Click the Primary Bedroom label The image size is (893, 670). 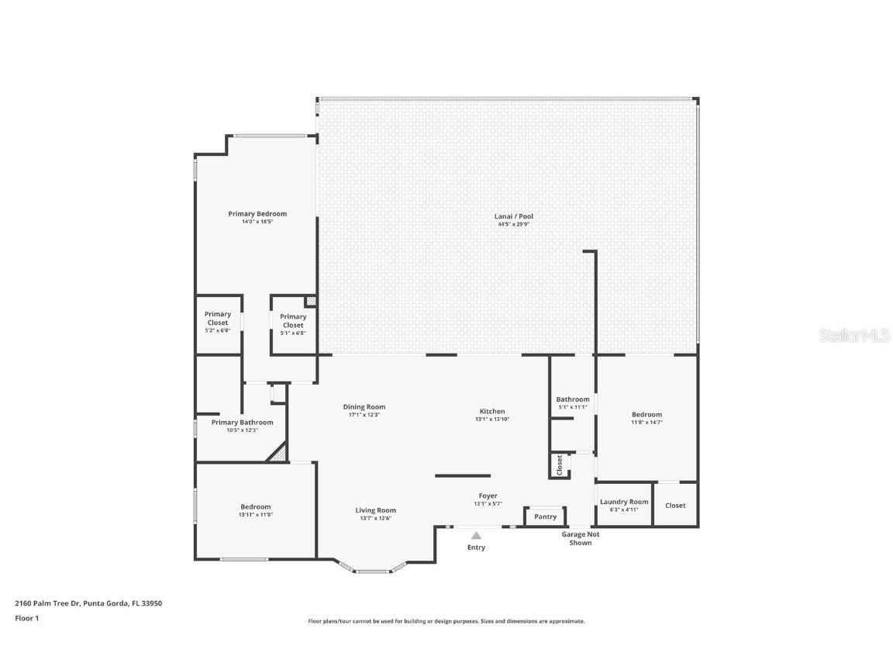(257, 214)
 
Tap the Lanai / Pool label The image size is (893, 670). (514, 216)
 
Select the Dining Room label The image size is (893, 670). (364, 407)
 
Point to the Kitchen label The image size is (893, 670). (491, 412)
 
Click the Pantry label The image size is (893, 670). (545, 517)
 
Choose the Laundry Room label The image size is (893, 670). (624, 502)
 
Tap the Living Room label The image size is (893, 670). (376, 510)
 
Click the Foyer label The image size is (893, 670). (488, 496)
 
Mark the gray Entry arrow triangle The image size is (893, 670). (476, 535)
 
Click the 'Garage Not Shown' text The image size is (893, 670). (581, 538)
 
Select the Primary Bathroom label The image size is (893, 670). (242, 423)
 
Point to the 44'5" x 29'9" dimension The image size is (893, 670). (514, 225)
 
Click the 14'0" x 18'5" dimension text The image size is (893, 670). (257, 222)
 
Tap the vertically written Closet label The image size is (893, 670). (559, 465)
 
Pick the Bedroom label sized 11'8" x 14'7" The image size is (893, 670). (646, 415)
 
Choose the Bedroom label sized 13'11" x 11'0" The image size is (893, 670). (255, 507)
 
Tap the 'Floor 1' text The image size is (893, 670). (26, 618)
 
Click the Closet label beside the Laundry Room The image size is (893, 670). (675, 506)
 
